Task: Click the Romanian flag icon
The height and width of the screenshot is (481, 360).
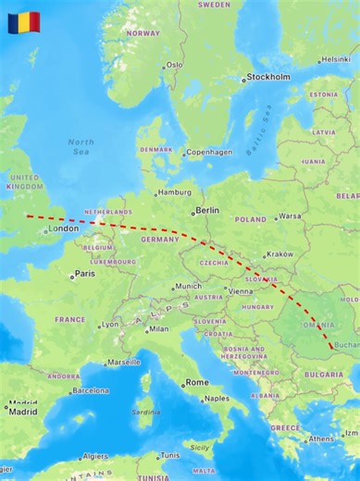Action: click(23, 21)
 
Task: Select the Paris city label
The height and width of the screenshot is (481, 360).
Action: click(84, 274)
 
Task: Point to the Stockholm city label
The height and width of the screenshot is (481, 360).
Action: click(269, 78)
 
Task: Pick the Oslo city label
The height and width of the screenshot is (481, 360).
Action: click(174, 66)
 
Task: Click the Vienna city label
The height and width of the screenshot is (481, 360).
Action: click(240, 290)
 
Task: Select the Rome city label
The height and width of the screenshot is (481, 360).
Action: click(197, 382)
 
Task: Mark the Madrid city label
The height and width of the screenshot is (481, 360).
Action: click(23, 412)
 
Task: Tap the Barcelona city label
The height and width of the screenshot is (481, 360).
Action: click(90, 390)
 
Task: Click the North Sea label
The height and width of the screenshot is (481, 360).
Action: click(81, 146)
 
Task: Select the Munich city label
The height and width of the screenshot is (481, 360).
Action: click(188, 286)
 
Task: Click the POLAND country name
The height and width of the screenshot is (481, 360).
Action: click(250, 220)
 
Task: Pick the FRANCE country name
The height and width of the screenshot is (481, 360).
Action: click(69, 319)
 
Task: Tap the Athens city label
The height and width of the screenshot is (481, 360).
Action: click(321, 438)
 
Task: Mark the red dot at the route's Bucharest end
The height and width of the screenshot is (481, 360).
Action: click(332, 346)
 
